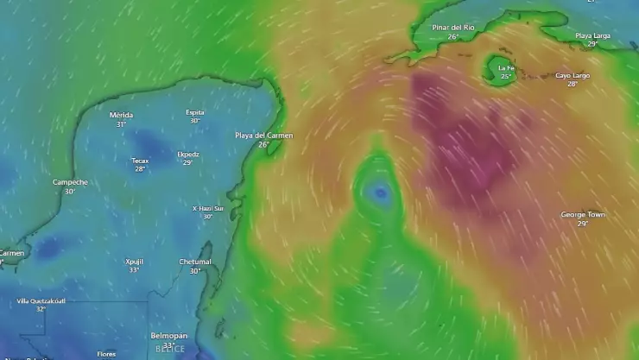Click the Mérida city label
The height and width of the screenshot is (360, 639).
(x=121, y=115)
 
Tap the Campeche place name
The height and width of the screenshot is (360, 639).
(x=70, y=182)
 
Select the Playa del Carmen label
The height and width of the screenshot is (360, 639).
(x=263, y=136)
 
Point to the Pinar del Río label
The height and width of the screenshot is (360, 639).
(x=453, y=28)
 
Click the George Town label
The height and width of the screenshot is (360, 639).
(x=583, y=214)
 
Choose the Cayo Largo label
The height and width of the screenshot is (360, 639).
(x=573, y=75)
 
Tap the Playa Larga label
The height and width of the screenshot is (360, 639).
(x=592, y=35)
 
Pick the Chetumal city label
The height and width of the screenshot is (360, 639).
(x=195, y=262)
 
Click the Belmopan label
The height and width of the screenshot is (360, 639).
(x=168, y=335)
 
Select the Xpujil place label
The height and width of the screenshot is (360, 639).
(x=134, y=261)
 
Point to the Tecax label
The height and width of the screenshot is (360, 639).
(x=140, y=160)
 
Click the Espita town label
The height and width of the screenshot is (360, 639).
(x=195, y=112)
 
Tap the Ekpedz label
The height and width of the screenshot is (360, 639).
(x=187, y=154)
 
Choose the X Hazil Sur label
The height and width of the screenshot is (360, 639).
(x=207, y=208)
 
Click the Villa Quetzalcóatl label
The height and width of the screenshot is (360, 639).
(x=41, y=300)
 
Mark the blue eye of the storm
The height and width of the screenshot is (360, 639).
(x=380, y=194)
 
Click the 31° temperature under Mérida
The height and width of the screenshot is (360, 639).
(x=121, y=124)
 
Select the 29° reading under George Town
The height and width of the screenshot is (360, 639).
(x=583, y=224)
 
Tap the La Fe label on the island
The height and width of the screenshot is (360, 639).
(x=506, y=67)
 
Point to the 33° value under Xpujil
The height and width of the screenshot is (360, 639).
(x=134, y=270)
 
